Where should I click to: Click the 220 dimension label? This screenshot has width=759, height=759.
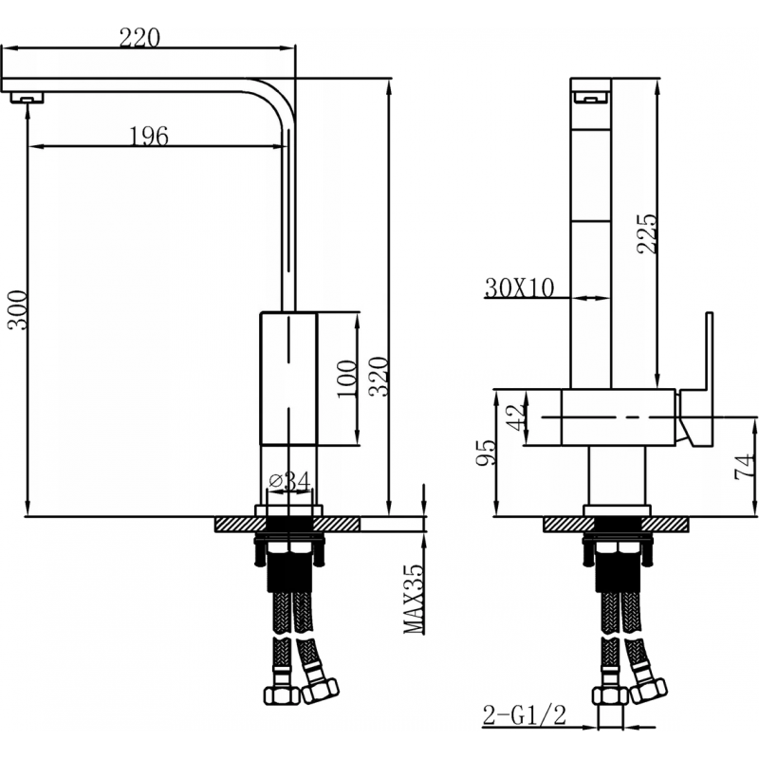[139, 37]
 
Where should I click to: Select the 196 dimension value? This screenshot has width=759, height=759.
[148, 137]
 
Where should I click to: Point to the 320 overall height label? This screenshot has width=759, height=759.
[377, 377]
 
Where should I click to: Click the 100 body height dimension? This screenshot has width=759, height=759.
[345, 378]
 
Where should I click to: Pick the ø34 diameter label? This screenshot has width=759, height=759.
[290, 481]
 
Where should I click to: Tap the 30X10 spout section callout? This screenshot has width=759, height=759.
[518, 287]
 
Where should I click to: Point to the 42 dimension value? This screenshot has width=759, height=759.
[517, 417]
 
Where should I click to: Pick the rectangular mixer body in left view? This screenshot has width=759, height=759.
[288, 378]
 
